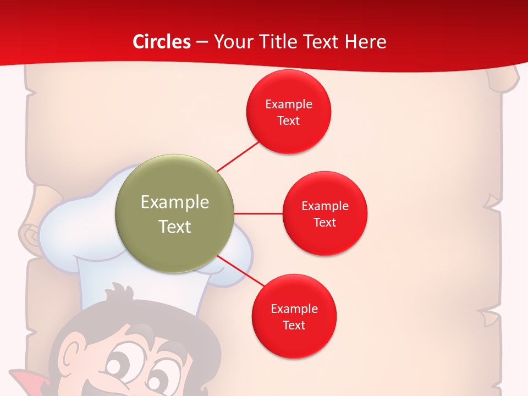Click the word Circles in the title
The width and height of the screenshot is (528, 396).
[162, 42]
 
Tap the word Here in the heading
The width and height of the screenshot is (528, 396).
[365, 42]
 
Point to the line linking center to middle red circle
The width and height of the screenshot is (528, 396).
[258, 213]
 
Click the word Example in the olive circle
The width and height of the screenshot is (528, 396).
[175, 202]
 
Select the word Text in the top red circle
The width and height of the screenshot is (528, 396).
[289, 120]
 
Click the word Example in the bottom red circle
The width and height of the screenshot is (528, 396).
[294, 309]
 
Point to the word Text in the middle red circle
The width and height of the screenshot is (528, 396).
[325, 222]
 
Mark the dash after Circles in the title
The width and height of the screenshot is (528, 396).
[202, 42]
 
